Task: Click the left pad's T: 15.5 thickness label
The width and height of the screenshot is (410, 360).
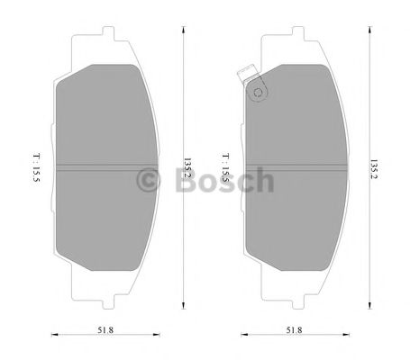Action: click(35, 169)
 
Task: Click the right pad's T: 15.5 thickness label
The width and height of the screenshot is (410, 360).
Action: click(225, 169)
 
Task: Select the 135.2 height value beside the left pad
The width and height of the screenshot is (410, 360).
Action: click(187, 168)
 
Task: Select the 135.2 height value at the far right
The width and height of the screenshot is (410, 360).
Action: click(374, 168)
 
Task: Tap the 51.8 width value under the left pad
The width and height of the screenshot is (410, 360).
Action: click(106, 332)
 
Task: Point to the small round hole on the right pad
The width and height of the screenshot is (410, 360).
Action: click(258, 90)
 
